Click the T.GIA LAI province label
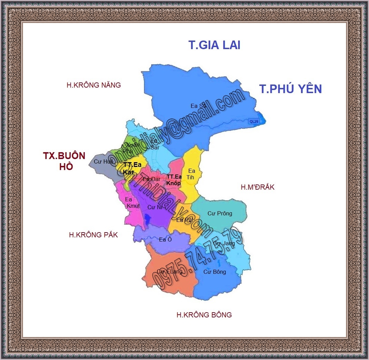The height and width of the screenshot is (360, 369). click(x=214, y=45)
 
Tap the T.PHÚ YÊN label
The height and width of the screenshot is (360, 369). click(x=290, y=89)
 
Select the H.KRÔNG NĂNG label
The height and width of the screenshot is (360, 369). click(x=94, y=85)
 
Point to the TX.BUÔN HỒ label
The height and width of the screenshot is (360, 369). click(x=64, y=161)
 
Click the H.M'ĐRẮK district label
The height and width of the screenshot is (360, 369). click(x=257, y=187)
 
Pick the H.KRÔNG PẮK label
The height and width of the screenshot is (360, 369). click(x=93, y=235)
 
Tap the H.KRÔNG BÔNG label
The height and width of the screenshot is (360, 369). click(x=204, y=315)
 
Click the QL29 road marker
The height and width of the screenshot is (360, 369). click(x=254, y=121)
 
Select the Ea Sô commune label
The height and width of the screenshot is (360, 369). click(x=199, y=106)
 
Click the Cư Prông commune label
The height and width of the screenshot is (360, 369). click(x=220, y=213)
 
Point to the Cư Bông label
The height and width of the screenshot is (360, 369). click(x=215, y=272)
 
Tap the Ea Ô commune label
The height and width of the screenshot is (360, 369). click(x=165, y=239)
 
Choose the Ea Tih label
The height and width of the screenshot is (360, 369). click(x=191, y=174)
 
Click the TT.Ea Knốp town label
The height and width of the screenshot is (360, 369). click(x=174, y=180)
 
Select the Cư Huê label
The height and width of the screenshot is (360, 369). click(x=104, y=161)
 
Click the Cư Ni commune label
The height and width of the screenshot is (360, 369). click(x=155, y=207)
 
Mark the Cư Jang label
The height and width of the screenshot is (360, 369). click(x=224, y=244)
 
